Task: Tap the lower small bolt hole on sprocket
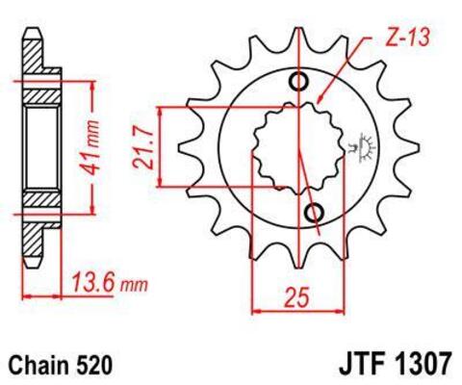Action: (314, 211)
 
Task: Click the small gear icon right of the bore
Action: (367, 147)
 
